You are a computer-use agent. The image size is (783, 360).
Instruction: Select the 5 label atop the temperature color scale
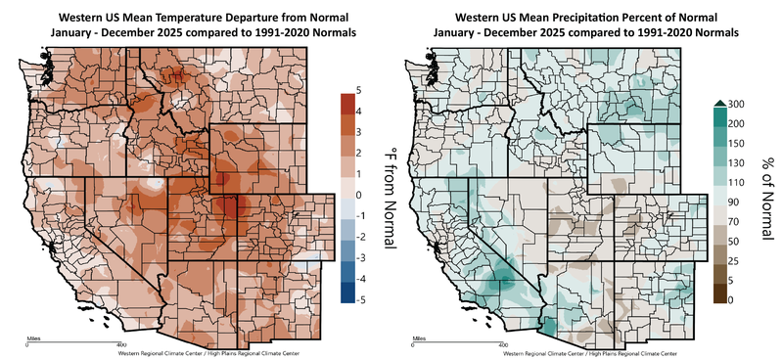pyautogui.click(x=360, y=90)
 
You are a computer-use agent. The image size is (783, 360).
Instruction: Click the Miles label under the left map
pyautogui.click(x=31, y=338)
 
